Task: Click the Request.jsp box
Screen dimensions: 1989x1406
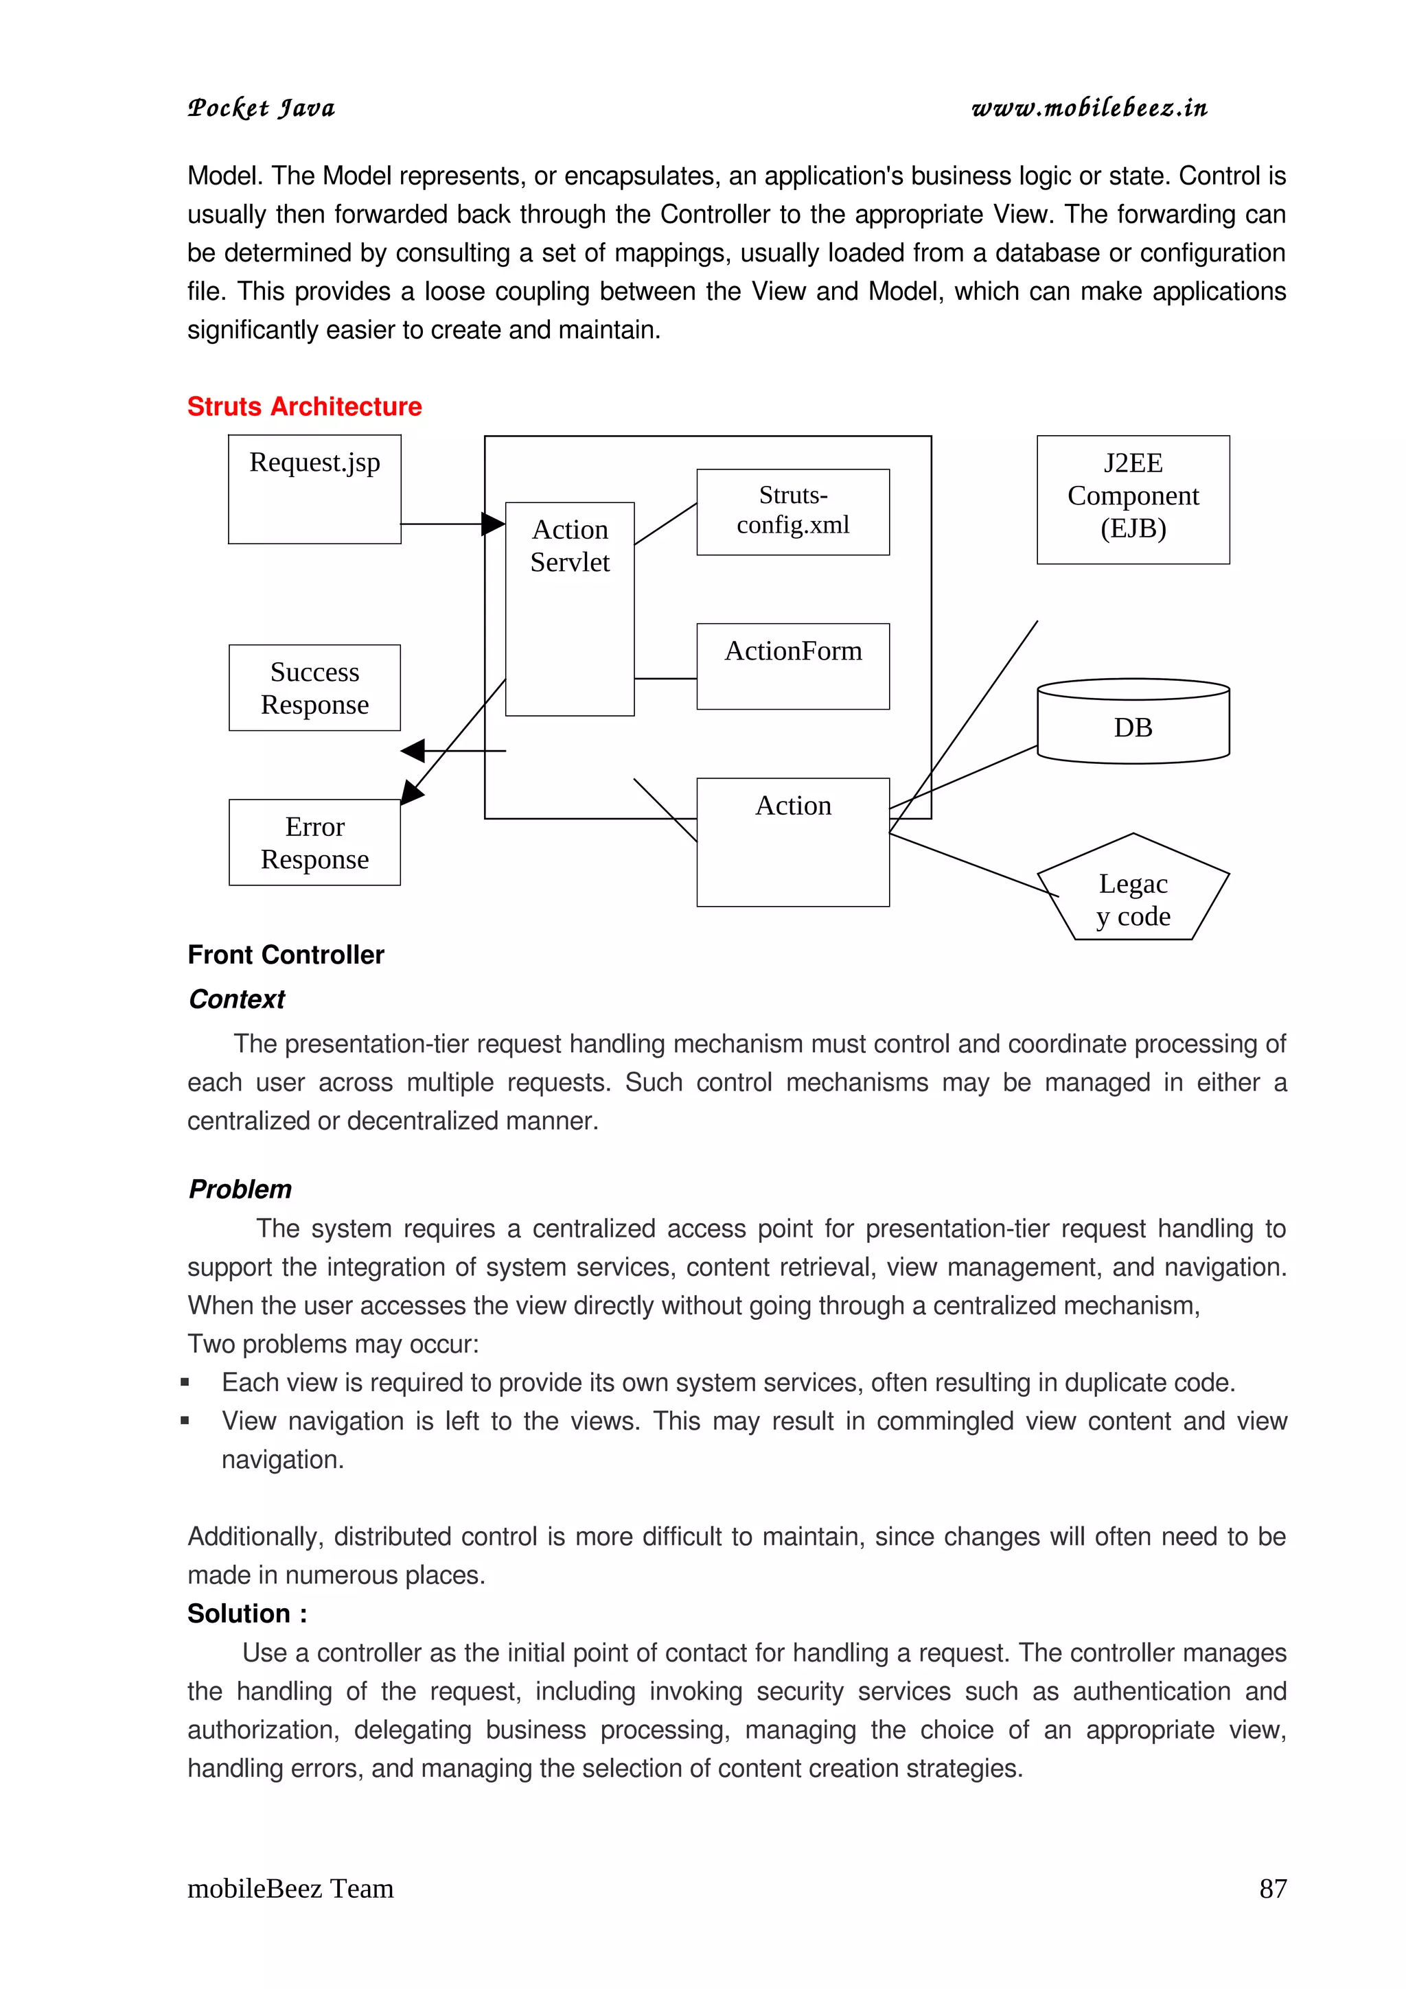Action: point(314,489)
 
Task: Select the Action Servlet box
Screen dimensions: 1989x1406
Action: point(569,608)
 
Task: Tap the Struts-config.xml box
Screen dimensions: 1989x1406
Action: point(793,511)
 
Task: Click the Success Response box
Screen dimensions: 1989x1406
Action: point(314,687)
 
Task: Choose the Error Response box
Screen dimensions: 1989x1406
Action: point(314,842)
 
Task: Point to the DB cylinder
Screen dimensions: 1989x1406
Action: point(1133,726)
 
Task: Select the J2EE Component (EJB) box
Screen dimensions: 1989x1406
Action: point(1133,499)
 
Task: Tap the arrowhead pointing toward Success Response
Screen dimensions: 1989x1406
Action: point(413,750)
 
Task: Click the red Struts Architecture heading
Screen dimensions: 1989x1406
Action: point(304,406)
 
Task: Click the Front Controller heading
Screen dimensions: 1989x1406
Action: point(286,955)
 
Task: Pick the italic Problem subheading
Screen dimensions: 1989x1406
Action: point(240,1189)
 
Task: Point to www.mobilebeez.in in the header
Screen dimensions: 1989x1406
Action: point(1089,108)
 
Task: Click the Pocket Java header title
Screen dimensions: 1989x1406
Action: point(261,108)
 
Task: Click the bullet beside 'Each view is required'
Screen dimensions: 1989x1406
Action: point(185,1382)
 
